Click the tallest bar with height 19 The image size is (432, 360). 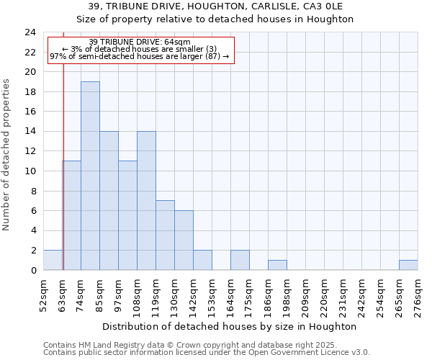pos(90,176)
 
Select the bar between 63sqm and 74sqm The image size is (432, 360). pos(71,215)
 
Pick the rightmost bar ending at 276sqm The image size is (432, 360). pos(408,265)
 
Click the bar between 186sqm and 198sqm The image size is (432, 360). pos(277,265)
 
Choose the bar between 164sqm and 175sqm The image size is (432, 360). pos(240,260)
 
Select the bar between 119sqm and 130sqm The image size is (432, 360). pos(165,235)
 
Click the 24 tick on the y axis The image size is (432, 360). pos(30,32)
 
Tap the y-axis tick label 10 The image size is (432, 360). pos(30,171)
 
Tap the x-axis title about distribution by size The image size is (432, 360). pos(230,326)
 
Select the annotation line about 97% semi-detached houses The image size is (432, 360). pos(140,56)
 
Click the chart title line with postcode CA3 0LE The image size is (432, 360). pos(216,6)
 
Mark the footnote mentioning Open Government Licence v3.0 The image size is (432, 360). pos(207,353)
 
